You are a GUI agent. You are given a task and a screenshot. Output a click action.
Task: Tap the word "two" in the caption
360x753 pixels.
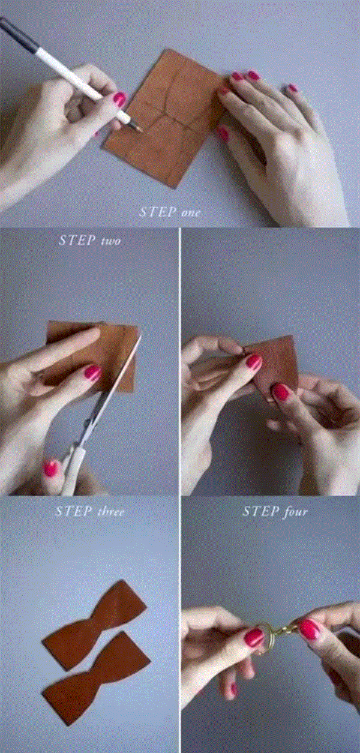pyautogui.click(x=110, y=241)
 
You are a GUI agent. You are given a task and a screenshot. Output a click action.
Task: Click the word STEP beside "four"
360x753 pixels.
pyautogui.click(x=261, y=512)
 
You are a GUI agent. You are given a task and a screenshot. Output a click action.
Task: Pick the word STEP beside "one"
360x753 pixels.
pyautogui.click(x=158, y=212)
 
